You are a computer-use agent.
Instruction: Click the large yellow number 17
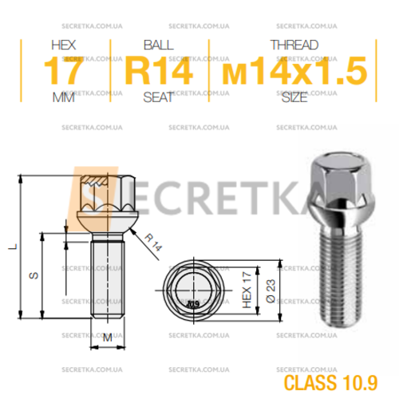(x=63, y=71)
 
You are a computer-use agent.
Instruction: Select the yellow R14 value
(x=159, y=71)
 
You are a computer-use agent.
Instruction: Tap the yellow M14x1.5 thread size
(x=294, y=71)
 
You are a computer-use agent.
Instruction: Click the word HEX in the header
(x=64, y=45)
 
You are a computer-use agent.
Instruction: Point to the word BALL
(x=159, y=45)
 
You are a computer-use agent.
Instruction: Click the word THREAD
(x=294, y=45)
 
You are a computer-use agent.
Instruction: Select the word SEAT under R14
(x=158, y=97)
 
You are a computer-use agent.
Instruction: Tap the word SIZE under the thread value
(x=294, y=97)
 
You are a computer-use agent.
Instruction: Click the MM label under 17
(x=63, y=97)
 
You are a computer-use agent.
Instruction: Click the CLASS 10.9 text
(x=330, y=382)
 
